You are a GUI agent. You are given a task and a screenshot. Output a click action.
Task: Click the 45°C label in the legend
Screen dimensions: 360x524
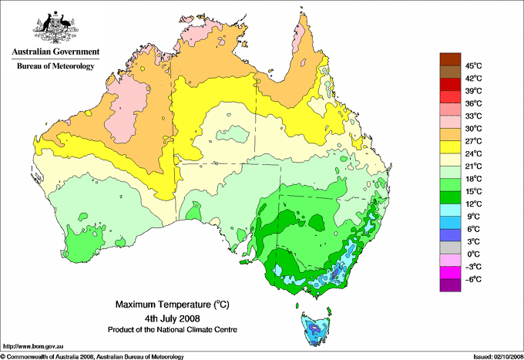tap(472, 66)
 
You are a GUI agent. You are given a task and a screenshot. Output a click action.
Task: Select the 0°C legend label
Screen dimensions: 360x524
tap(472, 254)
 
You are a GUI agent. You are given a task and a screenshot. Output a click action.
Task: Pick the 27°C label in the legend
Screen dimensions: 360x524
tap(472, 141)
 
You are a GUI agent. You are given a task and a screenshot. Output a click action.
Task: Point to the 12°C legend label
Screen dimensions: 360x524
tap(472, 204)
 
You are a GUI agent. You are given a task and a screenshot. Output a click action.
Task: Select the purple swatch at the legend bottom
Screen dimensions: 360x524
tap(449, 285)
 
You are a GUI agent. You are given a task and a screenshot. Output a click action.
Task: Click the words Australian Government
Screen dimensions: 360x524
tap(55, 52)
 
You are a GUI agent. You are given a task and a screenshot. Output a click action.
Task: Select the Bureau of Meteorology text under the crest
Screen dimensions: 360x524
tap(55, 66)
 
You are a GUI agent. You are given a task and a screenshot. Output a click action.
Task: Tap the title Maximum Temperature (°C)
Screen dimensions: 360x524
tap(172, 304)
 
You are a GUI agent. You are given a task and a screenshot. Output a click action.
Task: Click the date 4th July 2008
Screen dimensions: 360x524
tap(172, 318)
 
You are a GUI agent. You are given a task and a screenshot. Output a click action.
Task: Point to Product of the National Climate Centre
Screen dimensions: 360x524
tap(172, 329)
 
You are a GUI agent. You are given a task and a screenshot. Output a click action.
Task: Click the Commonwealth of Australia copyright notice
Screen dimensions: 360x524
tap(92, 355)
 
